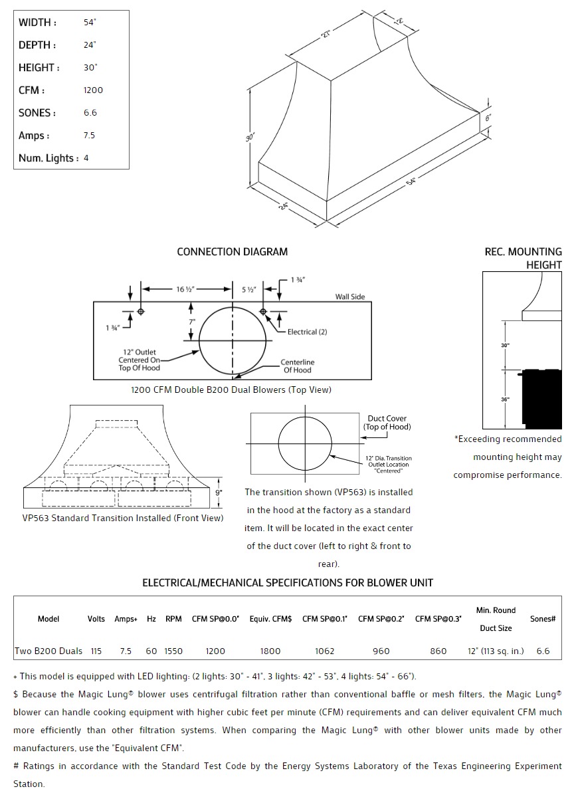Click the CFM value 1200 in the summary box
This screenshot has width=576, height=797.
point(93,90)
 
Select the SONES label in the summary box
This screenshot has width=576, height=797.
point(37,113)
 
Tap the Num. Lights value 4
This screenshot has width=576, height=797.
point(86,158)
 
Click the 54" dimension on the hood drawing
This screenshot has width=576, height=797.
point(411,181)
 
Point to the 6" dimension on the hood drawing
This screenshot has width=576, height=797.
point(488,118)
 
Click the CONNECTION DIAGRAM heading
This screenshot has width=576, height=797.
point(232,252)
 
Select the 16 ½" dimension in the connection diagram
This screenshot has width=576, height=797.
point(185,289)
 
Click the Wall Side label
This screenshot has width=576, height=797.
point(349,296)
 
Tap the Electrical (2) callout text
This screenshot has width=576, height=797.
point(307,332)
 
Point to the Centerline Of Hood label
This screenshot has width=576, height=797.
point(297,366)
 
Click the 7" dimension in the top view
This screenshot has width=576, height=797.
point(191,322)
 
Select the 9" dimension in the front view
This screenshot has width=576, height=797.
point(219,493)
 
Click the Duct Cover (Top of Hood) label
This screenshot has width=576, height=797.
point(387,423)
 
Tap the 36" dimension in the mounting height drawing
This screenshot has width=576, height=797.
point(506,399)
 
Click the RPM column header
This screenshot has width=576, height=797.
point(173,619)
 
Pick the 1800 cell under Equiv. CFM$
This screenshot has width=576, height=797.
point(270,651)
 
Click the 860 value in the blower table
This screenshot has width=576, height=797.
point(438,651)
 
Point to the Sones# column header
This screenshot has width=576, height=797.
point(543,619)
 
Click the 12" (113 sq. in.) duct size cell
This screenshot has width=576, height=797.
point(496,651)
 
